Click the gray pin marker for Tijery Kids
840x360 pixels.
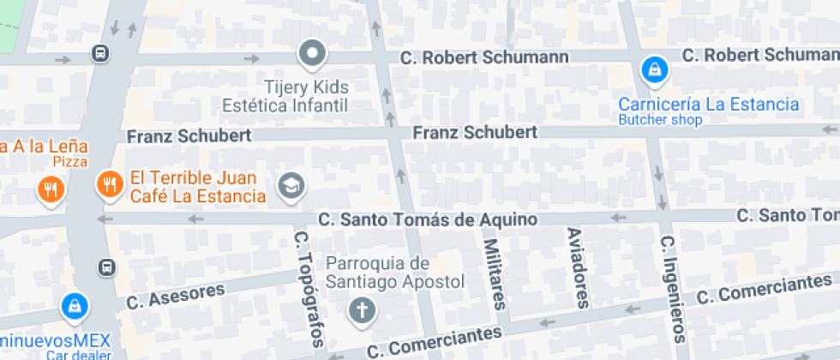[312, 55]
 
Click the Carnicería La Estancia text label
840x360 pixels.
[709, 105]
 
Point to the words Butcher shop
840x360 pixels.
[660, 120]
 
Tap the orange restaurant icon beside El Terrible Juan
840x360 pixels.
[109, 184]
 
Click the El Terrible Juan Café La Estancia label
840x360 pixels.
[197, 189]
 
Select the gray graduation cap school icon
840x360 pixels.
[291, 185]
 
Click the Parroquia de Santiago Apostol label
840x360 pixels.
[395, 272]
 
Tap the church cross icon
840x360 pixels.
[362, 310]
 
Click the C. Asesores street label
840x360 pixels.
[175, 296]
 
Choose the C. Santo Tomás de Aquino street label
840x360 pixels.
[428, 220]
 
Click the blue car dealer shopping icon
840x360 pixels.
[75, 305]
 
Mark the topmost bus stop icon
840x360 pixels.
[100, 55]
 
